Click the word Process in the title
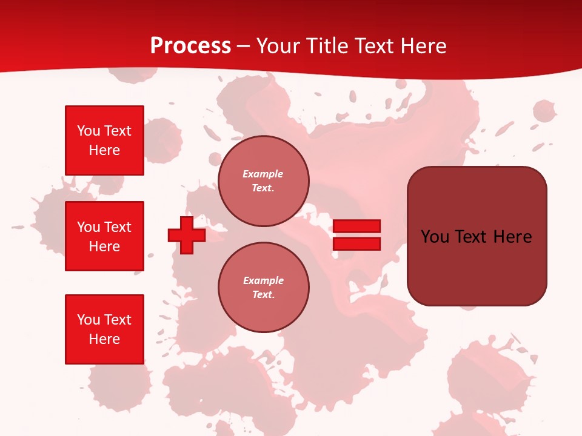(190, 46)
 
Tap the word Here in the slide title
(422, 46)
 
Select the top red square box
(104, 140)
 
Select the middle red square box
(104, 236)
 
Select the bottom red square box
(104, 329)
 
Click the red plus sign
(187, 235)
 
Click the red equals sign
(356, 235)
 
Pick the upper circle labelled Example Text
(263, 181)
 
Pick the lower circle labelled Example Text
(263, 288)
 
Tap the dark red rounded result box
(477, 236)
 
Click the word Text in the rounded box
(473, 237)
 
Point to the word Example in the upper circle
(263, 174)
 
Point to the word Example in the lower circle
(263, 281)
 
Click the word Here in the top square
(104, 150)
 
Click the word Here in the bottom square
(104, 339)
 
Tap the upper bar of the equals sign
(356, 226)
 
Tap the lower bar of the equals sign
(356, 244)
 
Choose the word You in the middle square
(88, 227)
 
